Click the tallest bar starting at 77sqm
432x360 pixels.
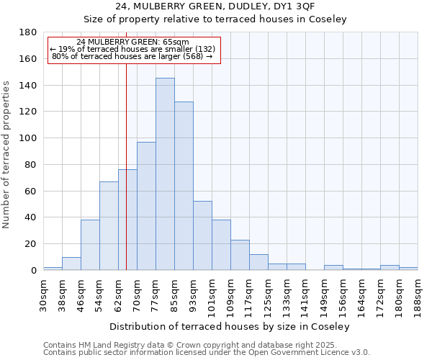[x=165, y=174]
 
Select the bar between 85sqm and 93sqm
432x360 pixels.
[x=184, y=186]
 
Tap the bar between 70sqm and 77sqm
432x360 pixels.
[x=146, y=206]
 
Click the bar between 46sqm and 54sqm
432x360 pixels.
[x=90, y=245]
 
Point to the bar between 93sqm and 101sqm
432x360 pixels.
[x=202, y=235]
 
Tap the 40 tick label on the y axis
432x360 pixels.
[x=31, y=217]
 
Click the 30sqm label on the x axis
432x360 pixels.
[x=43, y=292]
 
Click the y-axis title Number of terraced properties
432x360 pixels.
[x=6, y=154]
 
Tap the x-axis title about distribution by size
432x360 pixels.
[x=230, y=326]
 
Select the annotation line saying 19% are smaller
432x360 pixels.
[x=132, y=48]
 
